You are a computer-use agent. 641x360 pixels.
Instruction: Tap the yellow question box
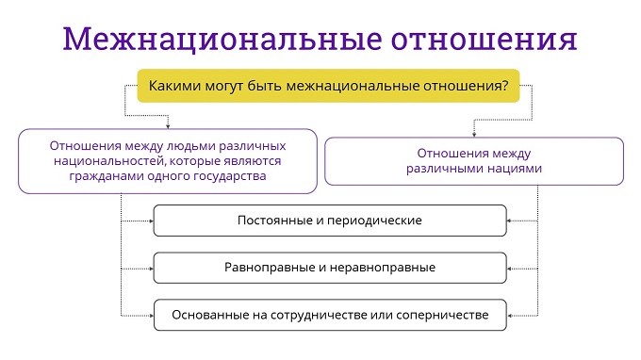click(328, 86)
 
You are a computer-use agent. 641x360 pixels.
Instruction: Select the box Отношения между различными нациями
click(474, 161)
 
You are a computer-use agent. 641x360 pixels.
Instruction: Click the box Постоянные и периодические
click(329, 221)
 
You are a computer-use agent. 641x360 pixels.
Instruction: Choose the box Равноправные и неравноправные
click(329, 268)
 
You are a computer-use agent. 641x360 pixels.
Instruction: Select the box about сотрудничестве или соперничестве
click(329, 315)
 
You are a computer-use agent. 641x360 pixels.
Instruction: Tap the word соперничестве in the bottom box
click(443, 315)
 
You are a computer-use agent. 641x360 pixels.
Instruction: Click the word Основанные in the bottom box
click(205, 315)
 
